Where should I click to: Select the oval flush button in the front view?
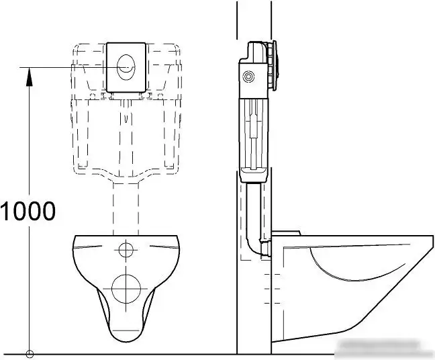pos(126,66)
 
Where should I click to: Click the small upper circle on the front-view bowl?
pos(126,251)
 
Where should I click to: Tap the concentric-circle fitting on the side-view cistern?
pos(250,78)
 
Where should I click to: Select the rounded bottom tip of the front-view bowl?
pos(126,336)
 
